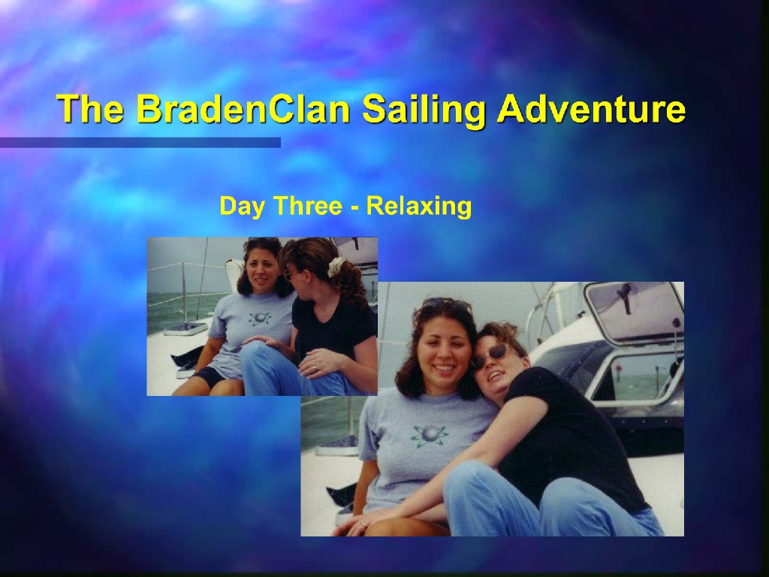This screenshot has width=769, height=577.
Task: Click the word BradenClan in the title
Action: pos(243,108)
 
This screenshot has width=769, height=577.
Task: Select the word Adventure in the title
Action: pos(591,108)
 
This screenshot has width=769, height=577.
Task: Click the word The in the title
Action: pos(90,108)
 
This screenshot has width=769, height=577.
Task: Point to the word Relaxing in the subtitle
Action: pos(419,207)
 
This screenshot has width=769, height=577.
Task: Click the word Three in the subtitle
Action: pos(307,206)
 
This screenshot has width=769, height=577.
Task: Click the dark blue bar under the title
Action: pos(140,142)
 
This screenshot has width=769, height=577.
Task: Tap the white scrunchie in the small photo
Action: pos(335,267)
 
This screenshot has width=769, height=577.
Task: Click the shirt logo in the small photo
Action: pos(259,318)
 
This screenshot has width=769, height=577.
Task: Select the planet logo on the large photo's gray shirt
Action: pos(430,435)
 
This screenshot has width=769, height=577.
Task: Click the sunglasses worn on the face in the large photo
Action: pos(490,355)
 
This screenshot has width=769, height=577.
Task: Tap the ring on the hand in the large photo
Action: pos(363,524)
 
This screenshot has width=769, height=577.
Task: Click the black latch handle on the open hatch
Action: pos(625,298)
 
